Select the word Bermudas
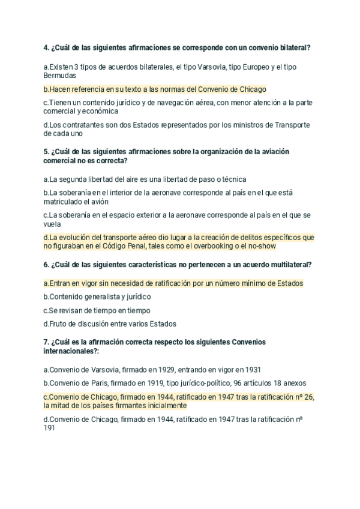pyautogui.click(x=59, y=76)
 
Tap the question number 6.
pyautogui.click(x=46, y=265)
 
